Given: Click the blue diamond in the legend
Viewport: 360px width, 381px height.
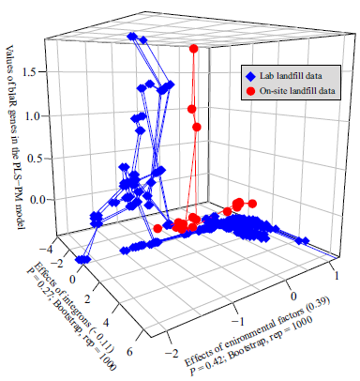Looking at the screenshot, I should tap(250, 75).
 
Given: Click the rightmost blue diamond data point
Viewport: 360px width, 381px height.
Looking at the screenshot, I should tap(302, 241).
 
